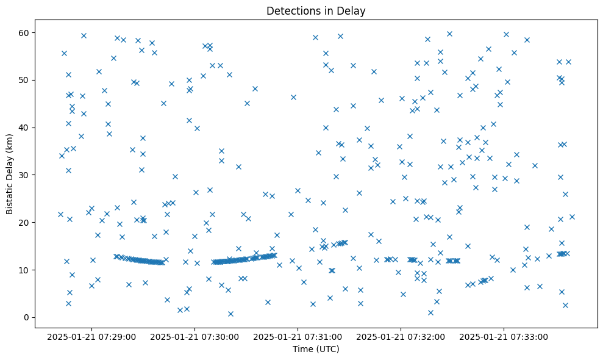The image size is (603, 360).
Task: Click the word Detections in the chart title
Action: tap(290, 10)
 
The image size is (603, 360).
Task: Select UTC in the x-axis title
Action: tap(327, 349)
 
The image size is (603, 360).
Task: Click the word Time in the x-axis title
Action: tap(302, 349)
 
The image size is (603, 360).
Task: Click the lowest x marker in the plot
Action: tap(230, 314)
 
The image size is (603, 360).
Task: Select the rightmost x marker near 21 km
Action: tap(572, 217)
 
